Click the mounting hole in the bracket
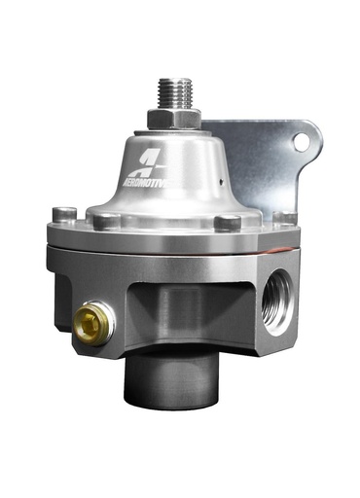point(302,141)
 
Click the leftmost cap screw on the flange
point(64,213)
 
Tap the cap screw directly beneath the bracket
point(281,218)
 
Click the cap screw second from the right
point(227,223)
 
